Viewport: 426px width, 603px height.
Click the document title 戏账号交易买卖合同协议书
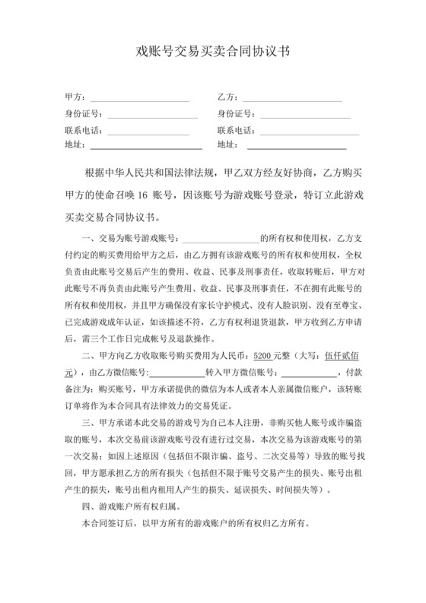pos(212,52)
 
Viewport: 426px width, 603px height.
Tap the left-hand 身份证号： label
pos(83,115)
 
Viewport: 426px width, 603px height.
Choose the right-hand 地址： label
pos(227,144)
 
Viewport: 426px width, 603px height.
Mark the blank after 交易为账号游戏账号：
pos(220,239)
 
